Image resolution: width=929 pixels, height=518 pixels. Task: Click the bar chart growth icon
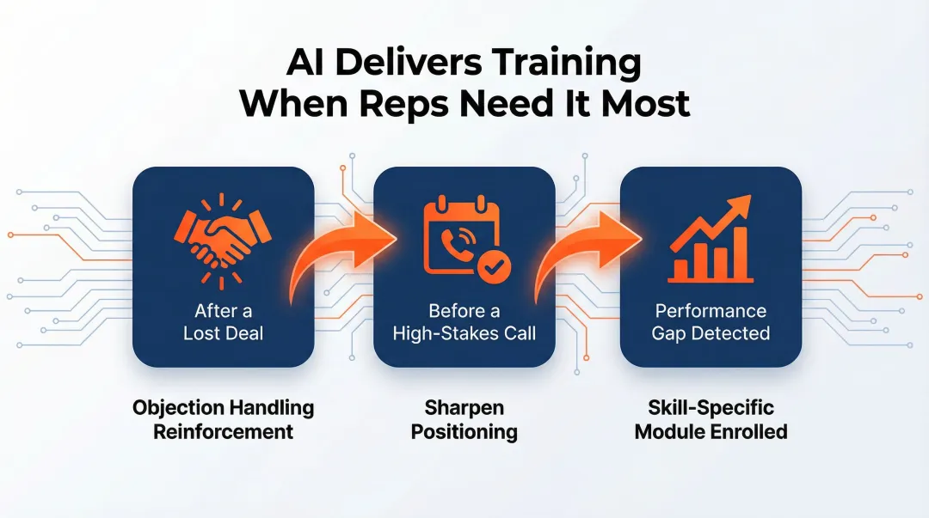pos(711,241)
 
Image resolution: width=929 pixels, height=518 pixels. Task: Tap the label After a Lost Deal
pos(223,321)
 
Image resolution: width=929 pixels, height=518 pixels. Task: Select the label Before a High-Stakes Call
pos(464,321)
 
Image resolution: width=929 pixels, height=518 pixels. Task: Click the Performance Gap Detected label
pos(711,321)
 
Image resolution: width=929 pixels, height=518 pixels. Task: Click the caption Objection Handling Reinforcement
pos(223,418)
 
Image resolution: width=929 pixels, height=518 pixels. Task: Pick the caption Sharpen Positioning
pos(464,418)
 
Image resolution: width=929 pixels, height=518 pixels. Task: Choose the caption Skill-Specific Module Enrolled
pos(711,418)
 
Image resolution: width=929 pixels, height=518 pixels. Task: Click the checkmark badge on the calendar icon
pos(492,268)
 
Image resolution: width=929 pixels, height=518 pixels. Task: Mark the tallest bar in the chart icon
pos(742,254)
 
